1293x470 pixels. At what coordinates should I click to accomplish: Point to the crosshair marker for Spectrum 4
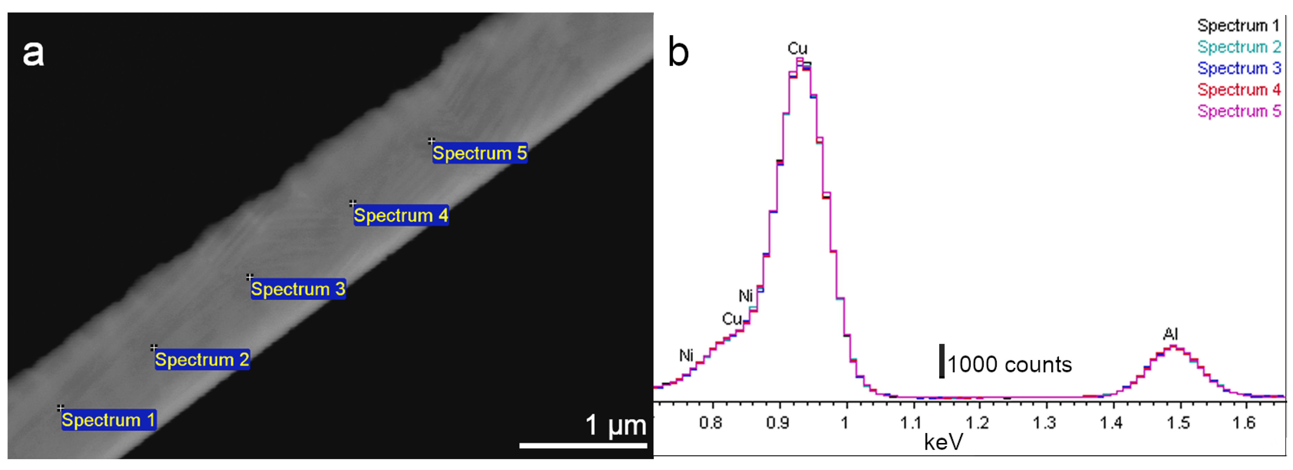pos(353,203)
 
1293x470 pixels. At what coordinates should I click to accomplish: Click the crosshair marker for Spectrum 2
pos(154,347)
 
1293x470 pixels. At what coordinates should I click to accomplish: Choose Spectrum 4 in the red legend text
pos(1239,89)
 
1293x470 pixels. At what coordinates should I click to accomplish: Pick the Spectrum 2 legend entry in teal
pos(1239,47)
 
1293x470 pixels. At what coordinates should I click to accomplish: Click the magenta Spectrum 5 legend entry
pos(1239,111)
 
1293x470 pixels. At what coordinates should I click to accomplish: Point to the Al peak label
pos(1171,334)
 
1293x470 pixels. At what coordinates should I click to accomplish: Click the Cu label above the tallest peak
pos(797,49)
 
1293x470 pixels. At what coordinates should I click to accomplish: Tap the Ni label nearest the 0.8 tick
pos(686,356)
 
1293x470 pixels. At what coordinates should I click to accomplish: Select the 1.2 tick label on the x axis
pos(977,423)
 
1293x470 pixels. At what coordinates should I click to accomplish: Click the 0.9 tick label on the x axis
pos(777,423)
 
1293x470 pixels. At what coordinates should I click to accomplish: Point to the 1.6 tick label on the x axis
pos(1244,423)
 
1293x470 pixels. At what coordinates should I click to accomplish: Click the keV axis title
pos(944,442)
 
